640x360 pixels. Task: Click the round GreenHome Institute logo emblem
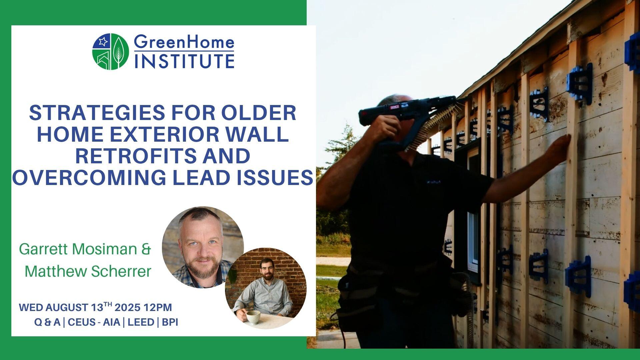[x=110, y=52]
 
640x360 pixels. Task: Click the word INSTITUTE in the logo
[x=184, y=61]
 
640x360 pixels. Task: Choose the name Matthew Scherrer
[x=88, y=271]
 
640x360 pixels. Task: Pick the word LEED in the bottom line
[x=141, y=322]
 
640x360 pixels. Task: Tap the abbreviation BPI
[x=170, y=322]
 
